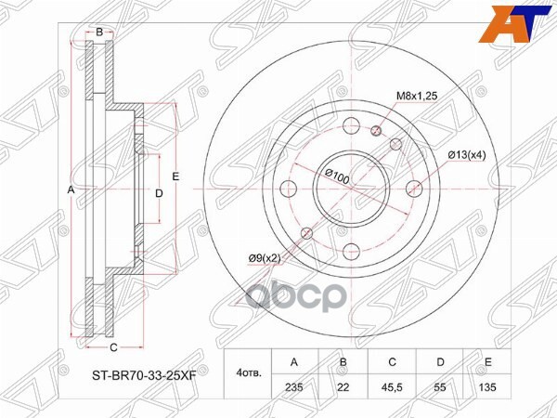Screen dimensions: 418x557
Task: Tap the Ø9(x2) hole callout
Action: pyautogui.click(x=266, y=257)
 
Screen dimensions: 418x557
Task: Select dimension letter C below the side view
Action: pyautogui.click(x=113, y=347)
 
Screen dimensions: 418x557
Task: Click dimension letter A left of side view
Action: pyautogui.click(x=70, y=189)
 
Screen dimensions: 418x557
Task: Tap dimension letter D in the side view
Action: pyautogui.click(x=159, y=193)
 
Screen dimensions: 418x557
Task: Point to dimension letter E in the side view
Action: pyautogui.click(x=175, y=176)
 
